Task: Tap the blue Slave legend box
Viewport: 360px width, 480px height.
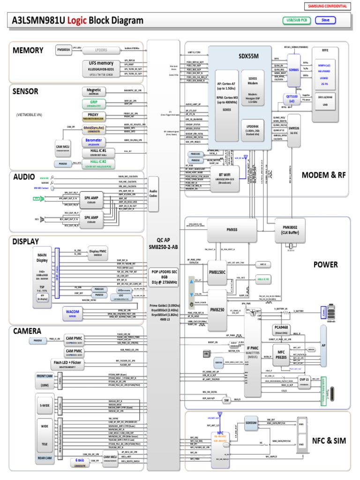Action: point(325,20)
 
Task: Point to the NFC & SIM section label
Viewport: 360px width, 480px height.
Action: point(328,441)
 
